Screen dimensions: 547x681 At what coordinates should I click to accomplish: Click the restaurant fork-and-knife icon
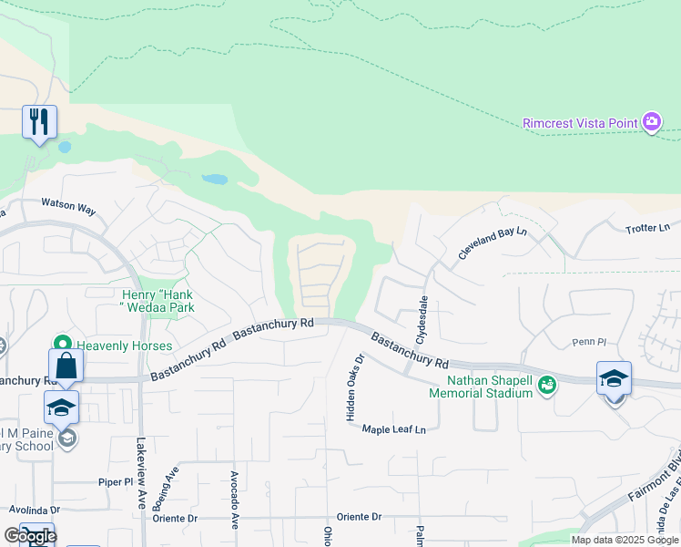[x=39, y=121]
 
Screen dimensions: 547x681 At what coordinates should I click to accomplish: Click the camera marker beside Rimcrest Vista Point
[x=651, y=122]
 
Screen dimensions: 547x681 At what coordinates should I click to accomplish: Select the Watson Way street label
[x=68, y=209]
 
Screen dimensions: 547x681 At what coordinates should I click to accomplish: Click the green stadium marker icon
[x=546, y=386]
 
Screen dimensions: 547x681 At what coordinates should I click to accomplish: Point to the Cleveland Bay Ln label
[x=493, y=244]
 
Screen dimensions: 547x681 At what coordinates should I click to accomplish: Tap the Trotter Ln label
[x=647, y=227]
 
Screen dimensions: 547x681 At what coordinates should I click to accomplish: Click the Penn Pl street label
[x=589, y=342]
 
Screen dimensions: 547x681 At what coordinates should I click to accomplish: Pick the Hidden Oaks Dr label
[x=354, y=387]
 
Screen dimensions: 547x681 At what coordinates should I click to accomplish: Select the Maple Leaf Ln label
[x=394, y=429]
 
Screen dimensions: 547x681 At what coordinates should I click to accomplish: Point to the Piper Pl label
[x=116, y=480]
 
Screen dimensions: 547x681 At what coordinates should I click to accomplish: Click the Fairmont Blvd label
[x=656, y=474]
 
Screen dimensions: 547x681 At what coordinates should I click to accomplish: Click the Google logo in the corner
[x=30, y=536]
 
